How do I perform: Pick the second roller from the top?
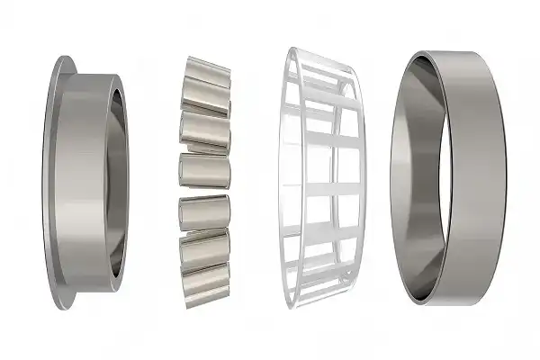[x=205, y=126]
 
